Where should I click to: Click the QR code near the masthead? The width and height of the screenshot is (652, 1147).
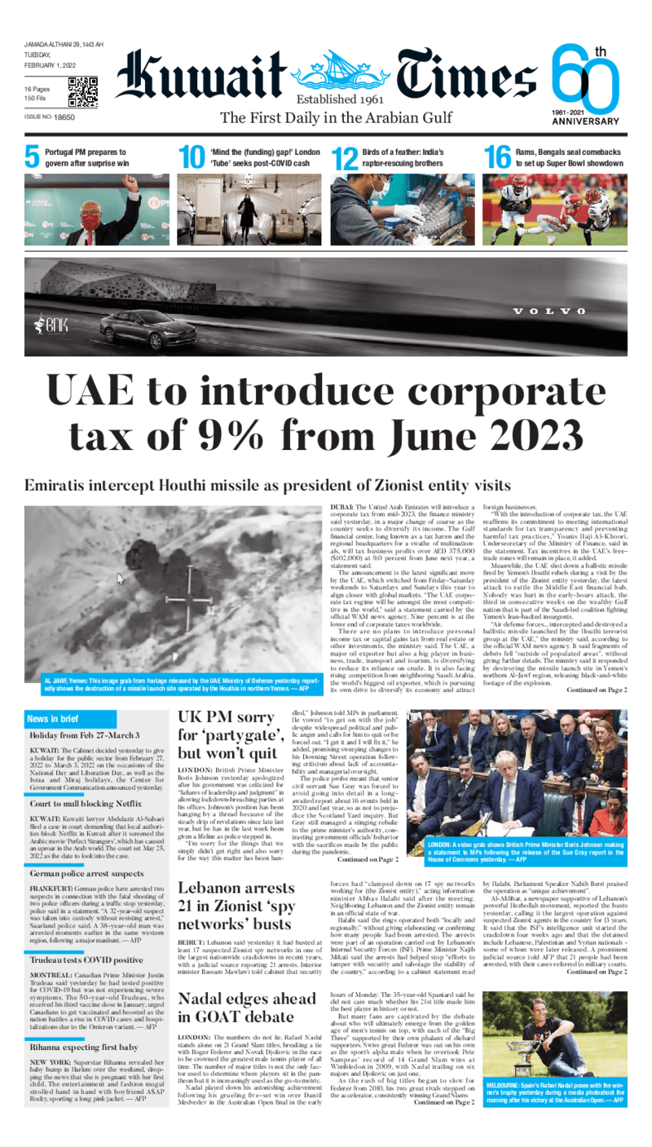[x=83, y=92]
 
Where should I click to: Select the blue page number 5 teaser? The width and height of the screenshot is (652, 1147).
[x=32, y=157]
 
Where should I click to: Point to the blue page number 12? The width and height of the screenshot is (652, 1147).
[x=345, y=158]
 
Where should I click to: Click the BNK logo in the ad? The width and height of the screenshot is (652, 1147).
[x=51, y=326]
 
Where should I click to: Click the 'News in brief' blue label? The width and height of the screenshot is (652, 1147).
[x=53, y=695]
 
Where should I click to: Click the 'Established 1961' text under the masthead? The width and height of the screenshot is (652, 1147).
[x=338, y=99]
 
